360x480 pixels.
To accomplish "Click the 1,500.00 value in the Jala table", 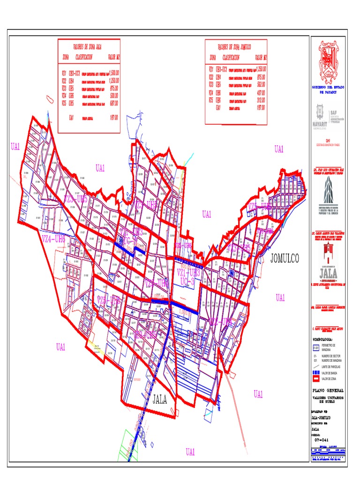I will tap(113, 73).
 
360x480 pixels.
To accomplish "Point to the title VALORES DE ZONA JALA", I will tap(89, 47).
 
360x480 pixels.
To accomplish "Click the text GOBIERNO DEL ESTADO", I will tap(328, 88).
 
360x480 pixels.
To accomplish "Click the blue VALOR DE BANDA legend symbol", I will tap(316, 373).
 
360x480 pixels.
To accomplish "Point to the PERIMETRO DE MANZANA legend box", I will tap(316, 348).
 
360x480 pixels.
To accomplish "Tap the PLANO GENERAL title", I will tap(328, 390).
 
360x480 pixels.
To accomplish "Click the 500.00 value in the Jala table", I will tap(113, 95).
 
